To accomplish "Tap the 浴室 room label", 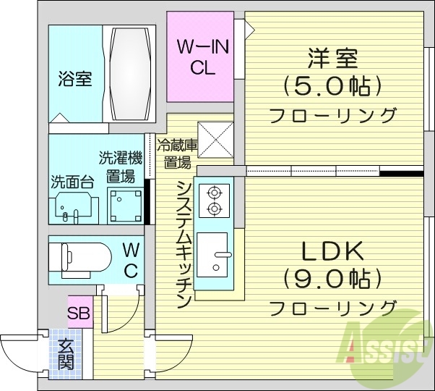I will pos(75,79).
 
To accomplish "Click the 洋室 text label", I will pos(333,57).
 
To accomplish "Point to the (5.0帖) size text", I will pos(332,87).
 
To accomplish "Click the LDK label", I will pos(332,251).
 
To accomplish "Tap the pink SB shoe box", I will pos(79,314).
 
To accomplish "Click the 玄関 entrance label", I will pos(66,354).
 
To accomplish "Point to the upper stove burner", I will pos(213,193).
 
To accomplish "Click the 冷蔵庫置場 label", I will pos(177,152).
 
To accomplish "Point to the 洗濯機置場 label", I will pos(121,167).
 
